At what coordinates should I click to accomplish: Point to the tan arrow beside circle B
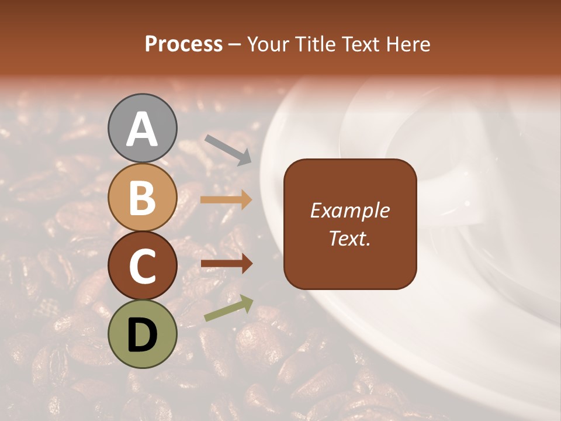pyautogui.click(x=226, y=200)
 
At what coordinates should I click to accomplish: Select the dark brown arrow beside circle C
pyautogui.click(x=226, y=264)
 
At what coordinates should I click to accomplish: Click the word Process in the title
pyautogui.click(x=183, y=44)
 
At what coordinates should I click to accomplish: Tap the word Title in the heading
pyautogui.click(x=315, y=44)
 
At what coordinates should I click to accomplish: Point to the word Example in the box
pyautogui.click(x=350, y=211)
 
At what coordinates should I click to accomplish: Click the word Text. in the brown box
pyautogui.click(x=350, y=238)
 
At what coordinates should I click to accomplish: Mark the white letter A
pyautogui.click(x=142, y=129)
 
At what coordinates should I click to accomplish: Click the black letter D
pyautogui.click(x=142, y=335)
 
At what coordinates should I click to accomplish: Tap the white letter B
pyautogui.click(x=142, y=198)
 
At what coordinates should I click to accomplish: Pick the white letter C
pyautogui.click(x=142, y=267)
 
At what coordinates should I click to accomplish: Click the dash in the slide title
pyautogui.click(x=235, y=44)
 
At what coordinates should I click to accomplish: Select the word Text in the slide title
pyautogui.click(x=361, y=44)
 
